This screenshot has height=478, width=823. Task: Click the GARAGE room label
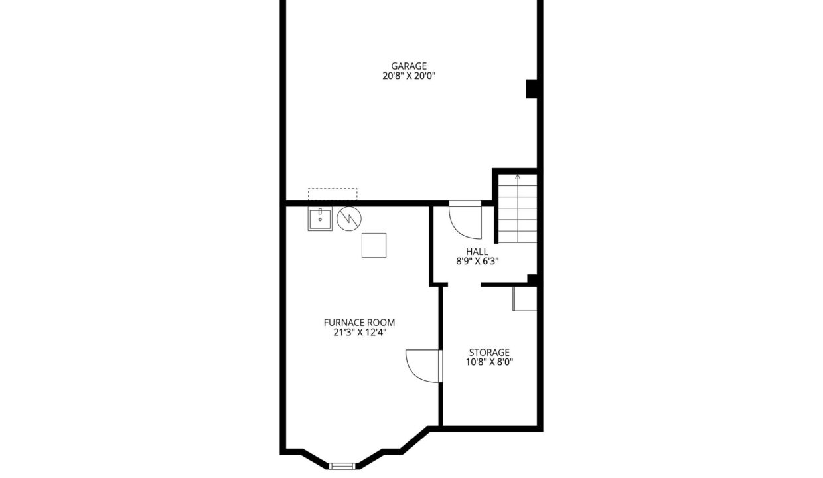409,66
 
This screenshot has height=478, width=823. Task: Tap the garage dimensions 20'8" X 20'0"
409,76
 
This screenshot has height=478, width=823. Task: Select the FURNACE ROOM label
359,323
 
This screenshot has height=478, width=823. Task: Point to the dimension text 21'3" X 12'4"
359,333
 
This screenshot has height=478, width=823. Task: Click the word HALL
477,252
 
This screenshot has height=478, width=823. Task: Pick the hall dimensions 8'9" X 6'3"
477,261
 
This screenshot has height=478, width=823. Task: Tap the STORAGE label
489,353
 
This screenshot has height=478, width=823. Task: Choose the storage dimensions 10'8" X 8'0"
489,362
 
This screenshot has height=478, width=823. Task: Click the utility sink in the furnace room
320,219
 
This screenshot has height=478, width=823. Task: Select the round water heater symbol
349,219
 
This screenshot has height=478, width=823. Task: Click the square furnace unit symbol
374,246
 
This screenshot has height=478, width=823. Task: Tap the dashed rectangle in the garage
333,195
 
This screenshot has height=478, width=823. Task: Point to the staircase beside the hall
517,208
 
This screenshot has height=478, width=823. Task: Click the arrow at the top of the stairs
518,177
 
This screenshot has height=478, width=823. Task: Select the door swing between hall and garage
465,220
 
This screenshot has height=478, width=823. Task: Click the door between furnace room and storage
424,366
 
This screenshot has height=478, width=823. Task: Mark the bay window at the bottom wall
342,466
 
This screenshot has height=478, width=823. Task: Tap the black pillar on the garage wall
532,89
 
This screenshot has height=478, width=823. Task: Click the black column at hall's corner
532,279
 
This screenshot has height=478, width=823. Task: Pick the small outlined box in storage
524,299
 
